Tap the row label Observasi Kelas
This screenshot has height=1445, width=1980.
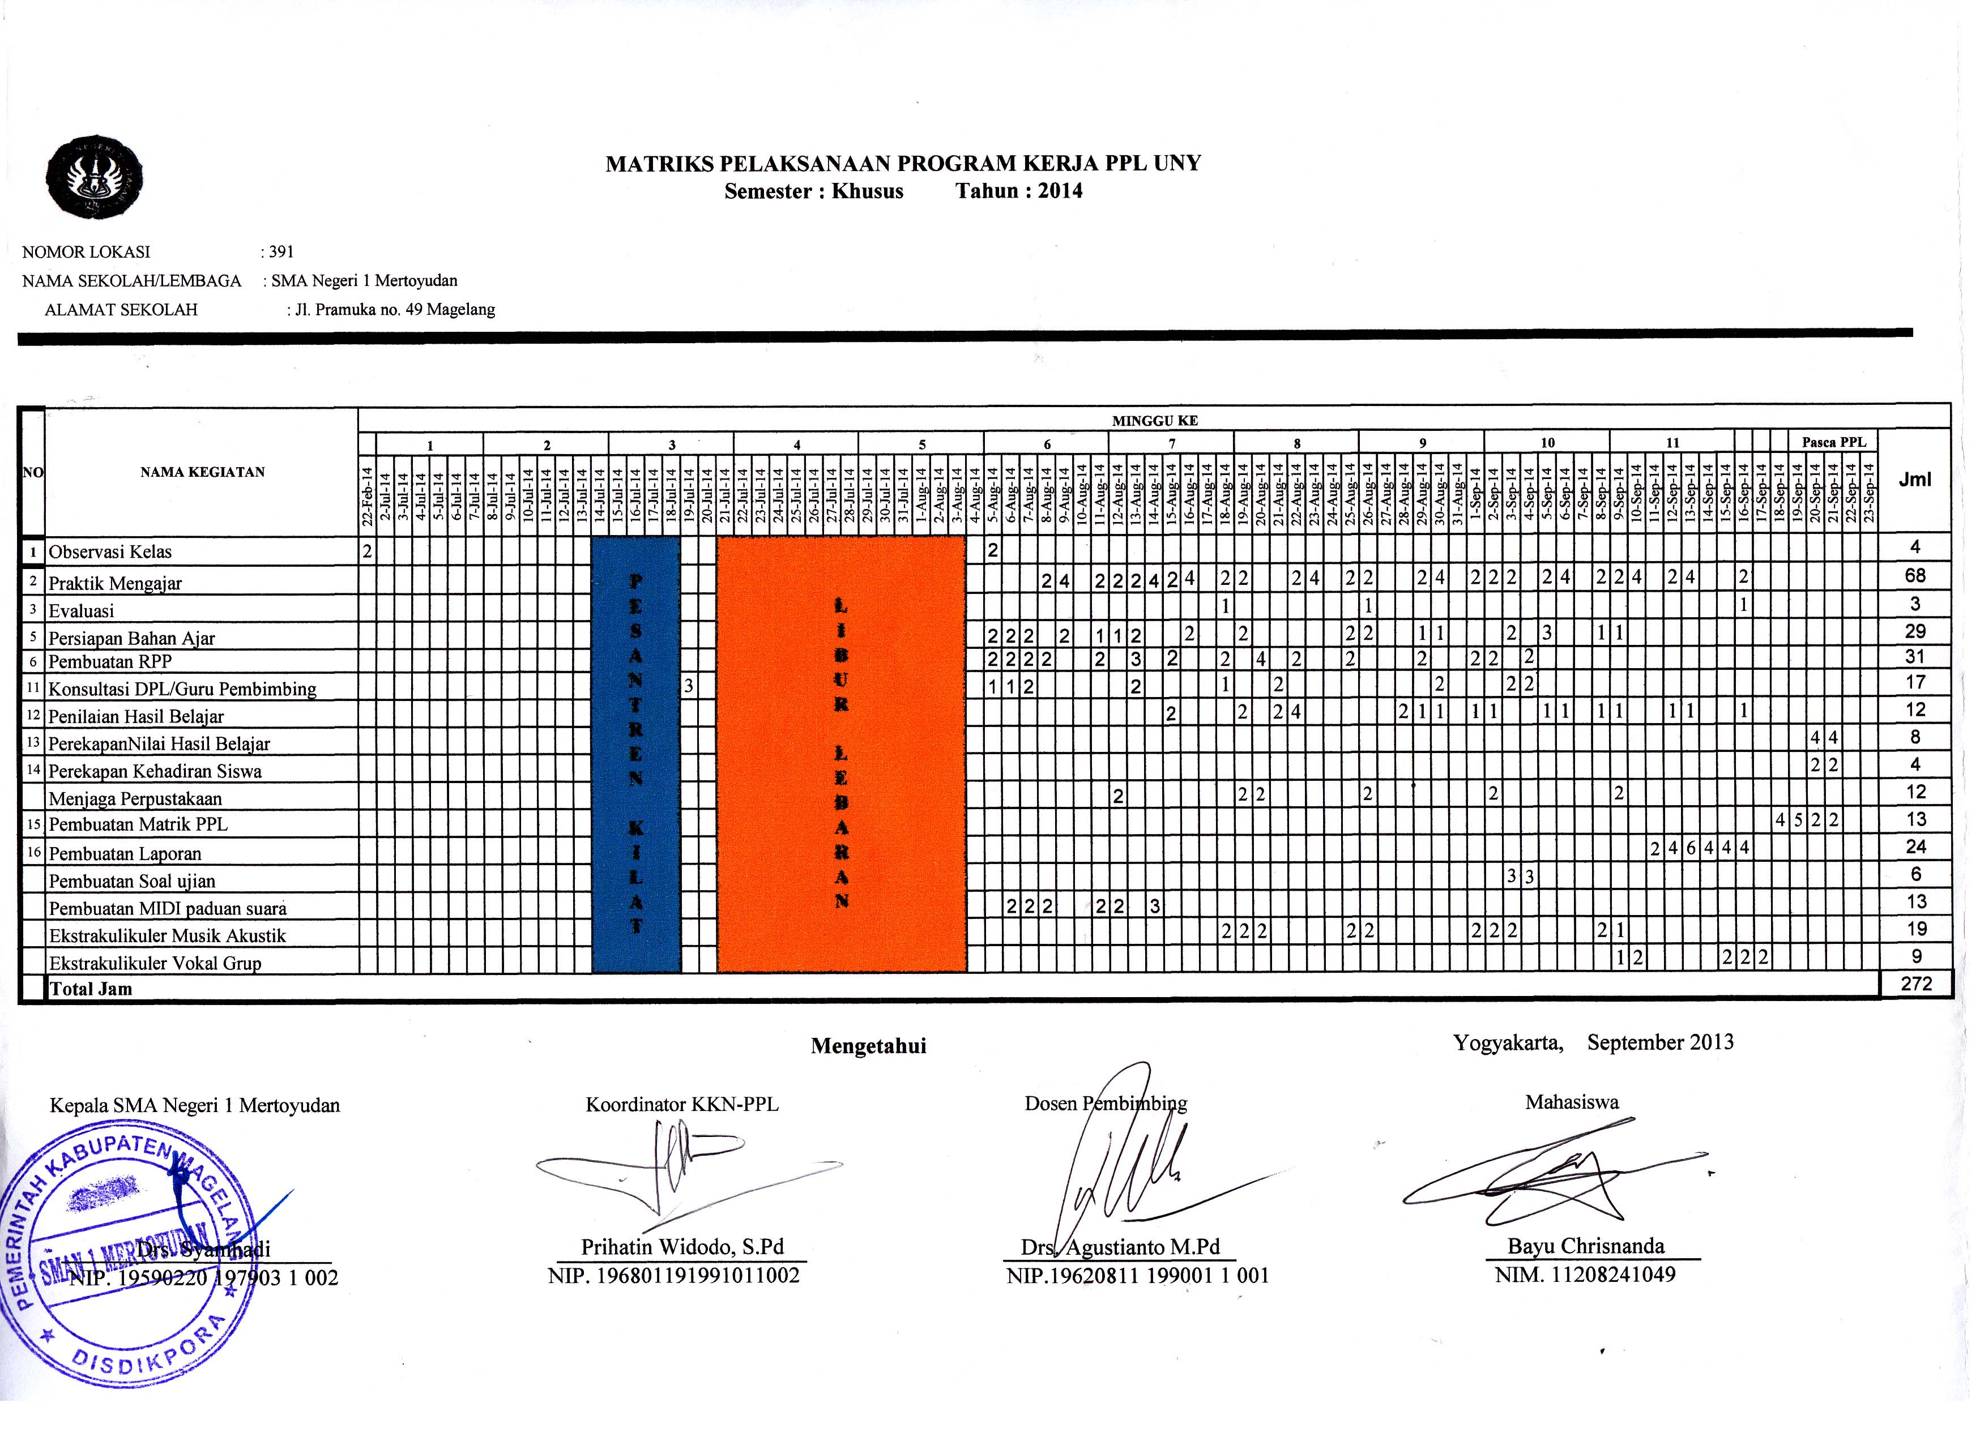pos(110,552)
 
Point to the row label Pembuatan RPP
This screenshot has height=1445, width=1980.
pos(110,661)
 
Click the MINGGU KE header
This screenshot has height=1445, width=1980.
pos(1154,421)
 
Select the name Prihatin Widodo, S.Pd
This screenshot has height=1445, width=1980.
pos(682,1246)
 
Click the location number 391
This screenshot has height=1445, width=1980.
pos(281,252)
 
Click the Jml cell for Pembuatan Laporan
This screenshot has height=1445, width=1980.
pos(1915,847)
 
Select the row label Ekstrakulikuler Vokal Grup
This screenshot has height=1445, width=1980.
pos(155,963)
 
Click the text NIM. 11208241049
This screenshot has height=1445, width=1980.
pos(1585,1275)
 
